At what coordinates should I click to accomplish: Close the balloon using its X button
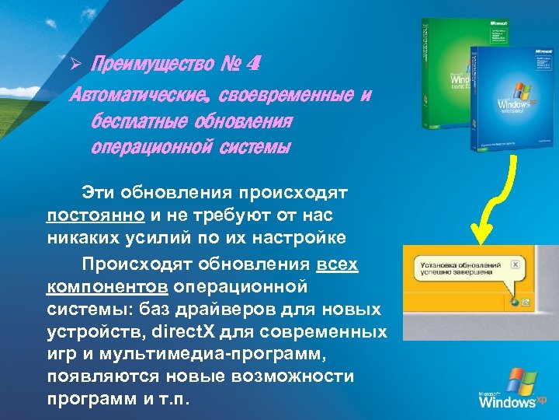(515, 264)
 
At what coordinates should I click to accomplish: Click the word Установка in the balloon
(438, 264)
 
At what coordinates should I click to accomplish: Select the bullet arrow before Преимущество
(77, 64)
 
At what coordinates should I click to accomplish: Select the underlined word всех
(338, 264)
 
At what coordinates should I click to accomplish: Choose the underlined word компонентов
(107, 287)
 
